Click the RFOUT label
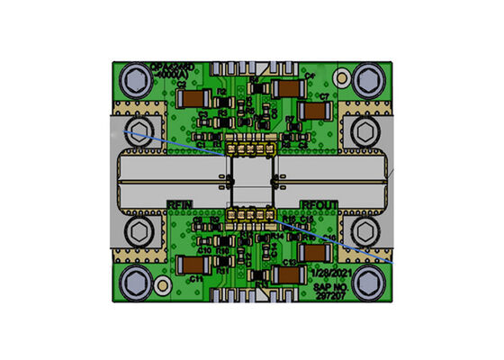pyautogui.click(x=319, y=205)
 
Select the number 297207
pyautogui.click(x=329, y=293)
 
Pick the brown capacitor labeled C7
pyautogui.click(x=315, y=109)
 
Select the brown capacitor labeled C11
pyautogui.click(x=192, y=265)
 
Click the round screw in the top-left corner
pyautogui.click(x=136, y=80)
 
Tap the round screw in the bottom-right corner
pyautogui.click(x=367, y=280)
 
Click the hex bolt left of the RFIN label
pyautogui.click(x=137, y=231)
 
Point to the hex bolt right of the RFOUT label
pyautogui.click(x=365, y=231)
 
